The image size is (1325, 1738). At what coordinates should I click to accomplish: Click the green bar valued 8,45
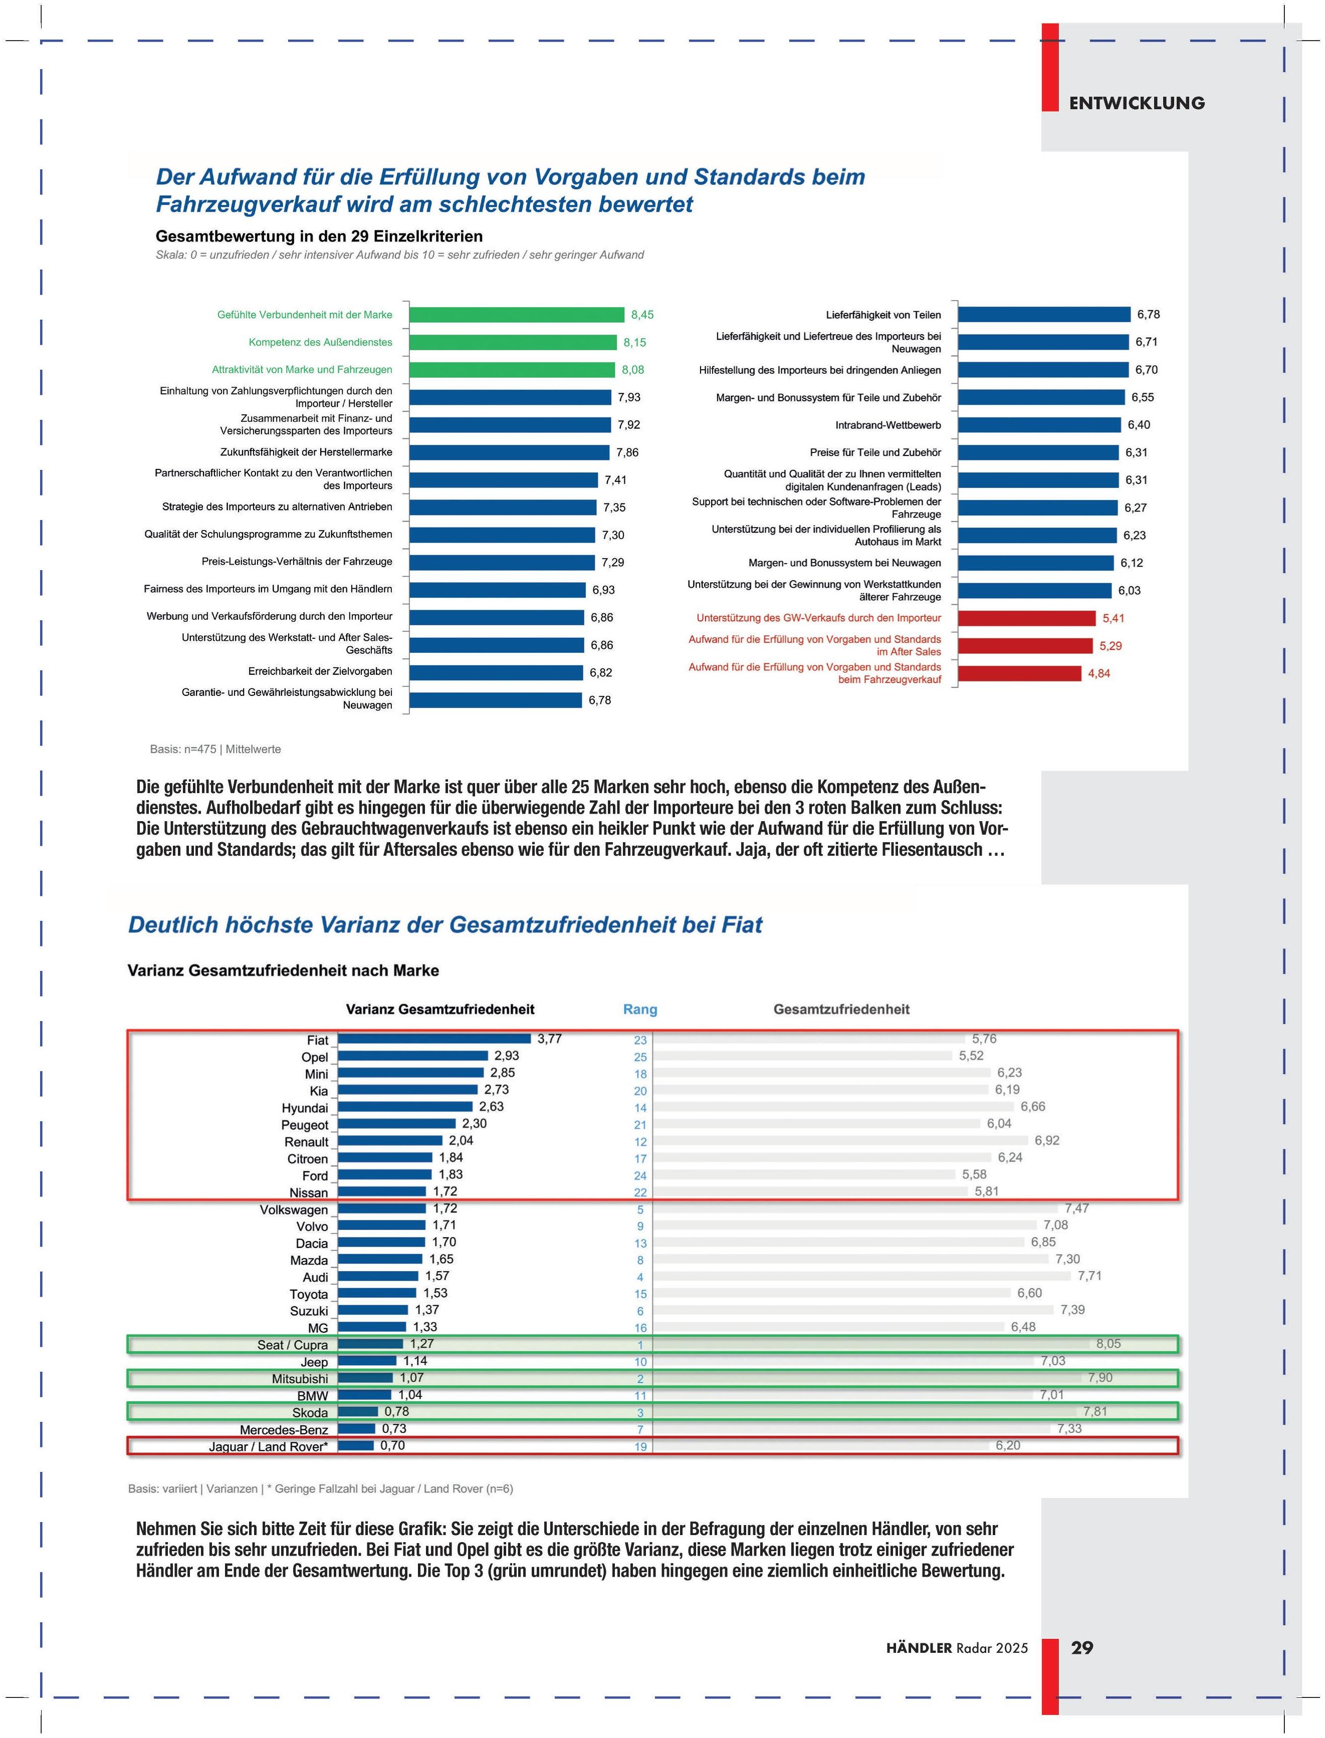click(x=517, y=315)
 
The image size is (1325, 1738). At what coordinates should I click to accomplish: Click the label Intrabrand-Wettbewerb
click(x=888, y=425)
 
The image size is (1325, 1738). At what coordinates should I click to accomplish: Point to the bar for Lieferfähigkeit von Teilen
click(x=1044, y=315)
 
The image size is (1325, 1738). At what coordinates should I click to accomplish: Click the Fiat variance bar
click(x=434, y=1039)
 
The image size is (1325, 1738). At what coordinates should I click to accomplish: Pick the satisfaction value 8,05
click(x=1108, y=1344)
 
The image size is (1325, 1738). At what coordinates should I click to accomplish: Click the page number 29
click(x=1081, y=1648)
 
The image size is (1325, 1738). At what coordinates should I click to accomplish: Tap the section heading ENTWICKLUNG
click(x=1137, y=103)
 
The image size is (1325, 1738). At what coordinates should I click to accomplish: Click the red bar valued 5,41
click(x=1027, y=618)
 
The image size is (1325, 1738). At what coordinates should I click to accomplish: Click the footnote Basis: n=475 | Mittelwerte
click(x=215, y=749)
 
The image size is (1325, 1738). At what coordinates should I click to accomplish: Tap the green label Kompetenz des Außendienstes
click(x=320, y=342)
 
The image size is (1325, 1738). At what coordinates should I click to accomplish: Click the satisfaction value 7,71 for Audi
click(x=1089, y=1276)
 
